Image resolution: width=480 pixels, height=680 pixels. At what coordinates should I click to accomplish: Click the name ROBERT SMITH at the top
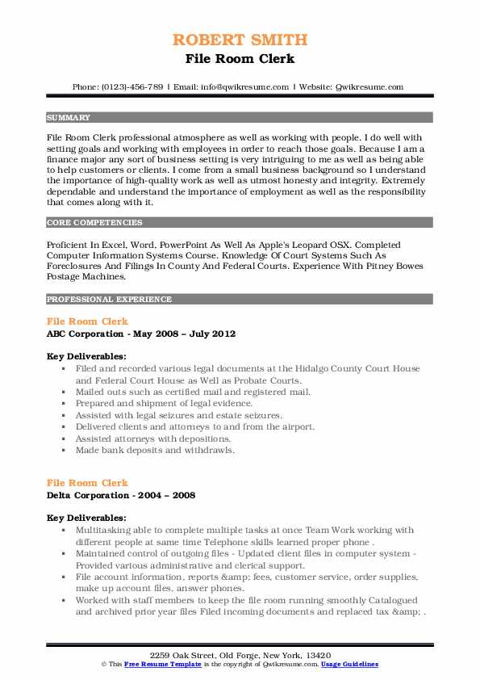coord(240,40)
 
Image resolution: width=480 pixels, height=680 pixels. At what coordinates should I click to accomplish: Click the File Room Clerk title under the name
coord(240,59)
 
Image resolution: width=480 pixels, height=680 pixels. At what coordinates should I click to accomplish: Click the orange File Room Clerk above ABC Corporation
coord(87,321)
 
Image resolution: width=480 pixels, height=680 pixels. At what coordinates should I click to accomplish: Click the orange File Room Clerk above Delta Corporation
coord(87,483)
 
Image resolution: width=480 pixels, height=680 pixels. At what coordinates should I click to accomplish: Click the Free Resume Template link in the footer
coord(155,664)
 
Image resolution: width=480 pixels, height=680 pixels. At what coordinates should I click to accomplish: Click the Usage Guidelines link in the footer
coord(349,664)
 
